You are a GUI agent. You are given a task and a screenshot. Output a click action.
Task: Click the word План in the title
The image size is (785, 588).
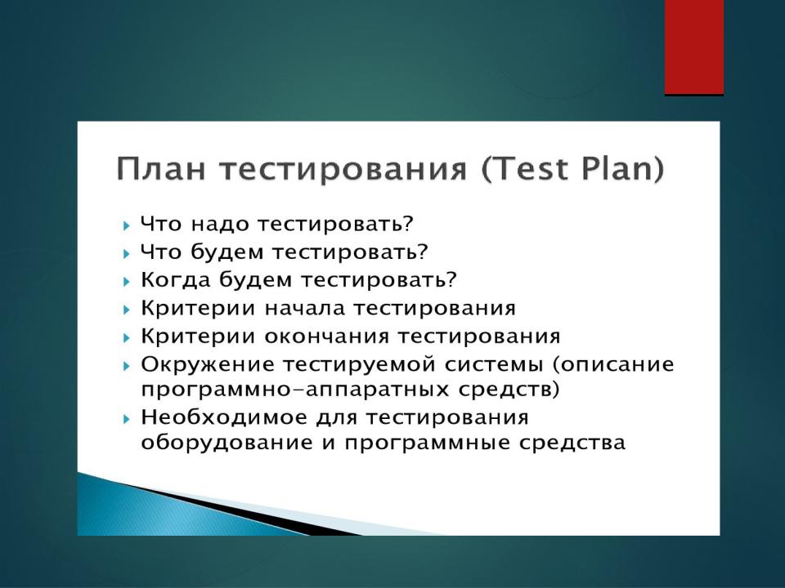click(161, 168)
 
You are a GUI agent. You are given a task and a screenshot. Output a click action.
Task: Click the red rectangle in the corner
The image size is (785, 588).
click(694, 47)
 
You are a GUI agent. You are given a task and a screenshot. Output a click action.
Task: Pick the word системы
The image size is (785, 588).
click(494, 364)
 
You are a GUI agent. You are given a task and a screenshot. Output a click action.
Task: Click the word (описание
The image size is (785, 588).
click(614, 365)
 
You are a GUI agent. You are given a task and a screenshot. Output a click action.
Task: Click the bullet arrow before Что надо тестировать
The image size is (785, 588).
click(126, 225)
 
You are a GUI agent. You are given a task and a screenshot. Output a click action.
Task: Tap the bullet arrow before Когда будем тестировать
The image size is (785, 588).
click(126, 281)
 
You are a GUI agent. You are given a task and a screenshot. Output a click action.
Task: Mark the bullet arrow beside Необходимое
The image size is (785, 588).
click(126, 418)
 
